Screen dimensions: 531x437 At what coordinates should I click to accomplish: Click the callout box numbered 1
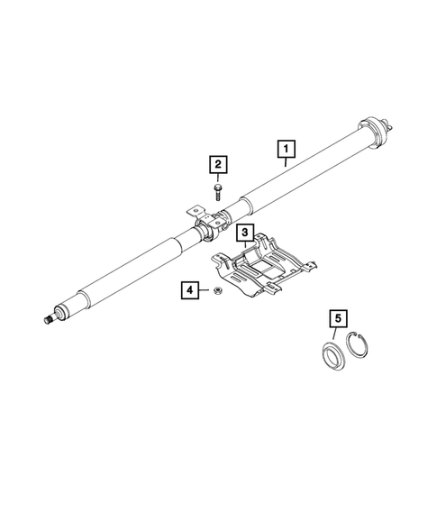tap(286, 146)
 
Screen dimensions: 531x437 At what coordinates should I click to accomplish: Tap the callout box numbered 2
tap(218, 164)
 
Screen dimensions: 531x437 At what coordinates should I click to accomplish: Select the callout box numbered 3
tap(243, 234)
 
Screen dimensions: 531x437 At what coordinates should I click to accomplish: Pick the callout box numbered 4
tap(190, 289)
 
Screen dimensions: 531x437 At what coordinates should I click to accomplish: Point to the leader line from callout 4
tap(205, 290)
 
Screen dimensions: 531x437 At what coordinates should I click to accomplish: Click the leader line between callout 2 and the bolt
tap(218, 178)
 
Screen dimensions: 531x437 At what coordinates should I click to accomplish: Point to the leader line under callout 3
tap(243, 249)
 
